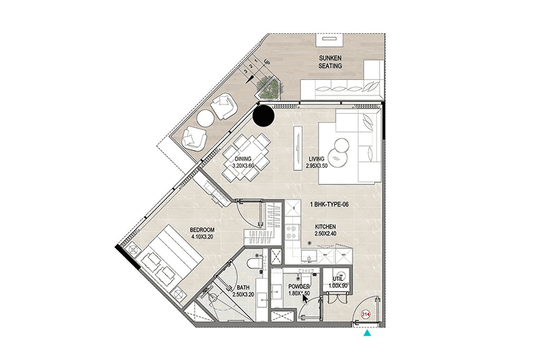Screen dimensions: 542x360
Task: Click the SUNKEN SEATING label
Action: (x=330, y=62)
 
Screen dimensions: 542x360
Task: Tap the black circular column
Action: (x=263, y=116)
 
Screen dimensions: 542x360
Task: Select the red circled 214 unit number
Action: (x=366, y=314)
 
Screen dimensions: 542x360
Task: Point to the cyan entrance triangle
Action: (x=367, y=333)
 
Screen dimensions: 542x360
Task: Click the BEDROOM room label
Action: (x=202, y=230)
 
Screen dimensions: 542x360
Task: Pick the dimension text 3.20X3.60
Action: (x=243, y=166)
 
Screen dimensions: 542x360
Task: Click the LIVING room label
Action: (x=316, y=159)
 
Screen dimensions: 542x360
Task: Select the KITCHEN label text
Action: (x=325, y=227)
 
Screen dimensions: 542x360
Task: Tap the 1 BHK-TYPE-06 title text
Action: (x=330, y=205)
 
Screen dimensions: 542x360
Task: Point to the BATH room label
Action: (x=243, y=288)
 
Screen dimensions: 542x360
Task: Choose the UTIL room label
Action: (x=338, y=279)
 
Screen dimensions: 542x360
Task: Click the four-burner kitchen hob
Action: (x=292, y=231)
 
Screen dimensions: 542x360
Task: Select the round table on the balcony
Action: (x=206, y=118)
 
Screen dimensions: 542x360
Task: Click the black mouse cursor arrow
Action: (x=305, y=298)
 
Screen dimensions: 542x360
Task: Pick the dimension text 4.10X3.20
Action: (x=202, y=237)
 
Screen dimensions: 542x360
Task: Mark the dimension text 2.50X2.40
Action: (x=325, y=234)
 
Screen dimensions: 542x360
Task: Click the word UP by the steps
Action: (x=266, y=62)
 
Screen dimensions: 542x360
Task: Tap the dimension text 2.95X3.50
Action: (x=316, y=166)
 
